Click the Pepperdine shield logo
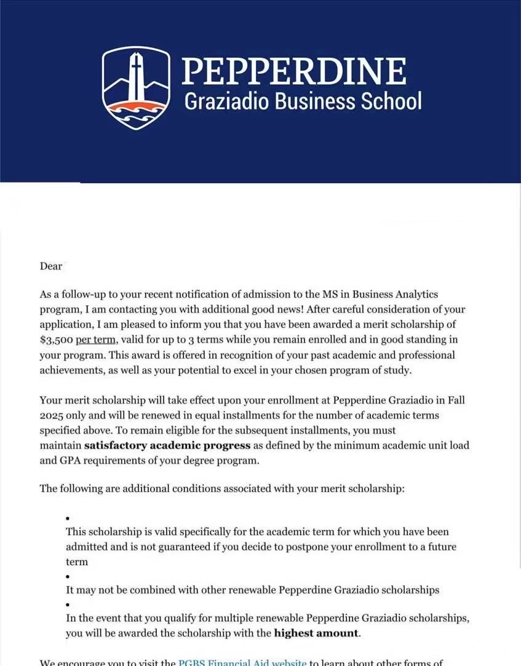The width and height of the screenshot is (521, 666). tap(136, 87)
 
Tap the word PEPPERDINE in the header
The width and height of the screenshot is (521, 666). tap(294, 72)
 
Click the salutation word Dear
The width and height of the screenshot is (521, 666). tap(51, 266)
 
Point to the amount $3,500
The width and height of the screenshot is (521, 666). tap(55, 339)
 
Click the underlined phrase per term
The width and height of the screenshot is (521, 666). tap(95, 339)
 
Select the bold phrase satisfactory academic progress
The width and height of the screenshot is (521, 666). tap(167, 445)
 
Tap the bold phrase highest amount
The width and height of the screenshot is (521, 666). tap(316, 633)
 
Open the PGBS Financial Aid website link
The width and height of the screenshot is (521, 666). tap(242, 662)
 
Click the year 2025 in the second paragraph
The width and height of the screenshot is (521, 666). tap(52, 415)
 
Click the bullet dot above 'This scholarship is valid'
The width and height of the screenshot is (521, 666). tap(67, 518)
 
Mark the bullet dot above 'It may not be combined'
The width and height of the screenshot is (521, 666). tap(67, 577)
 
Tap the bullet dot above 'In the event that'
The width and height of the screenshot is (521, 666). tap(67, 605)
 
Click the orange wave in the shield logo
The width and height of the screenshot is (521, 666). tap(136, 107)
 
